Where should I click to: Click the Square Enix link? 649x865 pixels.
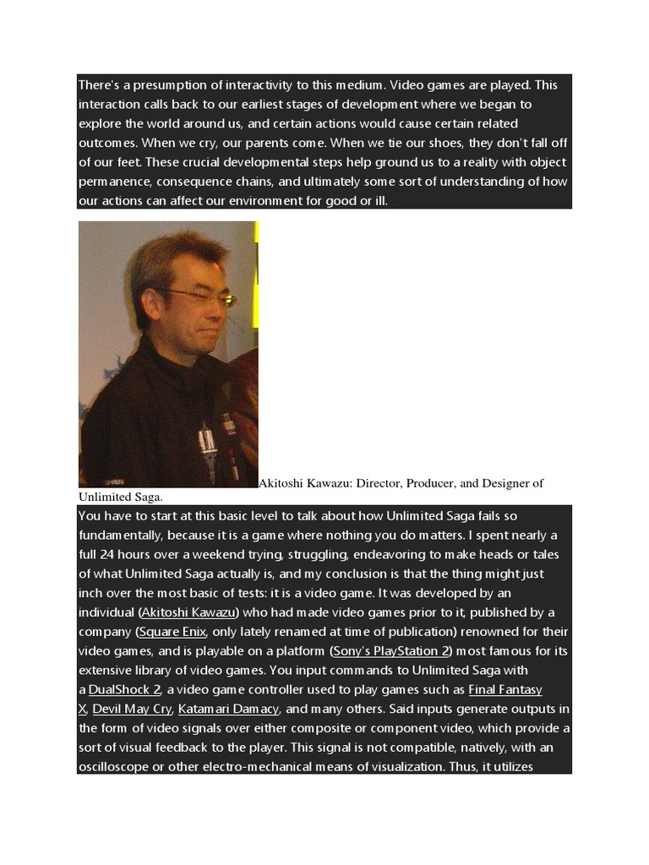click(x=172, y=632)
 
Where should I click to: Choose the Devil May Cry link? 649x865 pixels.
click(x=132, y=710)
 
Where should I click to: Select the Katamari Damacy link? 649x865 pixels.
click(x=229, y=710)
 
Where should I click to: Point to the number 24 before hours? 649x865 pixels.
click(x=113, y=554)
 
